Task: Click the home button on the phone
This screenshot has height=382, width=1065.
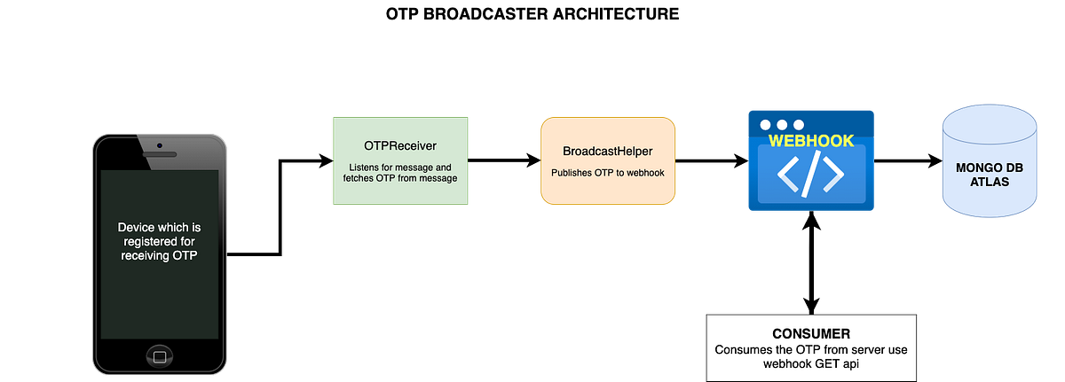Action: click(160, 353)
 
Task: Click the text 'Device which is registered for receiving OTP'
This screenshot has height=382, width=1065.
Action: click(160, 241)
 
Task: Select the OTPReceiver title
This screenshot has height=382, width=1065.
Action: click(399, 145)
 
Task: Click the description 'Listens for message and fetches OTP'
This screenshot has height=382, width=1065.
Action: click(399, 173)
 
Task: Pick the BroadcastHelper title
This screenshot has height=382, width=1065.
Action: click(607, 152)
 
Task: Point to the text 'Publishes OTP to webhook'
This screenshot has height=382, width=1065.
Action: click(607, 173)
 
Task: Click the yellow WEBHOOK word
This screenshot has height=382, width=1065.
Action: click(810, 141)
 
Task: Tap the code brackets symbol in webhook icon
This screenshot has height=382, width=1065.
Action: click(810, 175)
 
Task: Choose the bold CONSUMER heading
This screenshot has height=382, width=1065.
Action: click(811, 334)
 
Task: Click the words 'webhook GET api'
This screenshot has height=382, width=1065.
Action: click(811, 363)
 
